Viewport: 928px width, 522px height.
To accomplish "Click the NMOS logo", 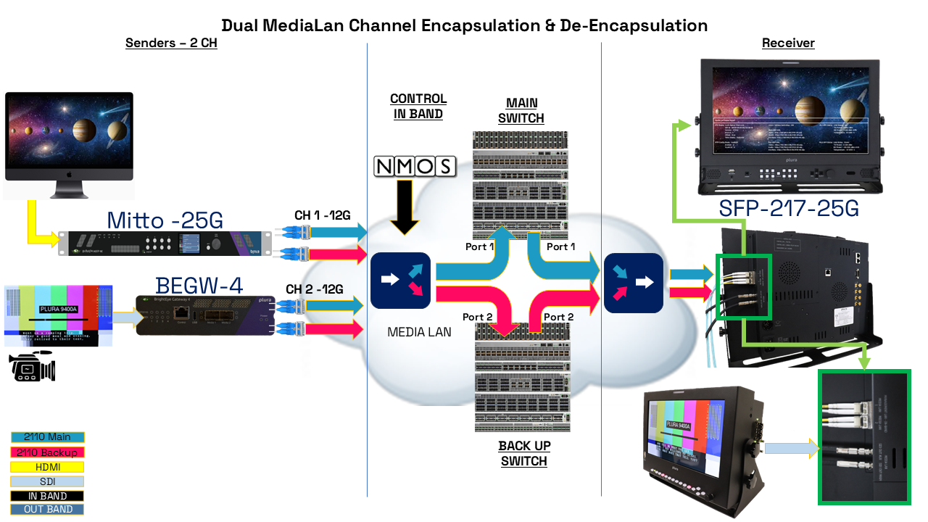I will [x=415, y=166].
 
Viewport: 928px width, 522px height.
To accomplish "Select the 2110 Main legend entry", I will [x=47, y=437].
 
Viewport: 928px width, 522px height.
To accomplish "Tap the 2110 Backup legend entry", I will [x=47, y=452].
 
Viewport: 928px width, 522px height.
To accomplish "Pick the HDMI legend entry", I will [x=47, y=468].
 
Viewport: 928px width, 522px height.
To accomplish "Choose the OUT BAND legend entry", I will [x=47, y=509].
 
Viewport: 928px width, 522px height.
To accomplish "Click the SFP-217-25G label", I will [x=789, y=209].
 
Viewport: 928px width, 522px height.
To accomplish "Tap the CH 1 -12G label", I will [x=323, y=215].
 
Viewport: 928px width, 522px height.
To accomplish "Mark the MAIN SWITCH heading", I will [x=521, y=111].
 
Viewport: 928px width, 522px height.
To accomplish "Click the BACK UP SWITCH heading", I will [x=523, y=453].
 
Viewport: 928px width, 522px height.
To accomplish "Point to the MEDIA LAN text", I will [x=420, y=332].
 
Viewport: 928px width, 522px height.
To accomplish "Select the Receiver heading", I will [x=788, y=43].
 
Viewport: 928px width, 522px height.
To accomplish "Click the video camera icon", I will [x=33, y=366].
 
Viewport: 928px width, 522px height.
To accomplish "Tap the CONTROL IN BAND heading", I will [x=418, y=106].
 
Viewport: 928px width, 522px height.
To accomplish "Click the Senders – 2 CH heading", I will [x=171, y=43].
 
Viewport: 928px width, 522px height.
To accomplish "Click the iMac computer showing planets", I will [x=69, y=145].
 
